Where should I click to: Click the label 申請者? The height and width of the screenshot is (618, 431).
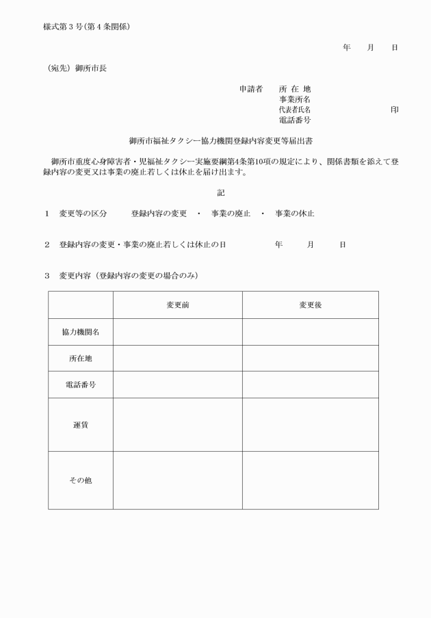click(250, 89)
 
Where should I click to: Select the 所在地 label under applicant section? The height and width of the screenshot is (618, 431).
click(294, 89)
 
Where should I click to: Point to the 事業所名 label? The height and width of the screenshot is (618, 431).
click(294, 99)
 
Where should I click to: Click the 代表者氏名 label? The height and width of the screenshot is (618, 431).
click(294, 110)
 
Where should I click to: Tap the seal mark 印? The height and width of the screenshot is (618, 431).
click(394, 110)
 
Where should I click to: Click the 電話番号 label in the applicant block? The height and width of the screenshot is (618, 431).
click(294, 120)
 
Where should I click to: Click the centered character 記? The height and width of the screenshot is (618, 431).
click(220, 193)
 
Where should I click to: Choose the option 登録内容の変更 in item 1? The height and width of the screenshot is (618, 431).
click(159, 214)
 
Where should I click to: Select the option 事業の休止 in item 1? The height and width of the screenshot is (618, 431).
click(295, 214)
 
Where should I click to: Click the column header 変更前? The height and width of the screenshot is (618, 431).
click(178, 305)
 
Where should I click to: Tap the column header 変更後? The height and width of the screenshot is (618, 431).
click(310, 305)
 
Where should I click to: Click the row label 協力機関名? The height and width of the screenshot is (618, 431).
click(81, 332)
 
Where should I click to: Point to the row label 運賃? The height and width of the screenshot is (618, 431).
click(81, 425)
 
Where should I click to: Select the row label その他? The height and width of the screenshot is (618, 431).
click(81, 480)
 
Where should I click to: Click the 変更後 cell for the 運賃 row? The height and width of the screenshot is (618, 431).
click(310, 425)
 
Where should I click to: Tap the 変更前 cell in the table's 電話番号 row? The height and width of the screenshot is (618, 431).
click(178, 385)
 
